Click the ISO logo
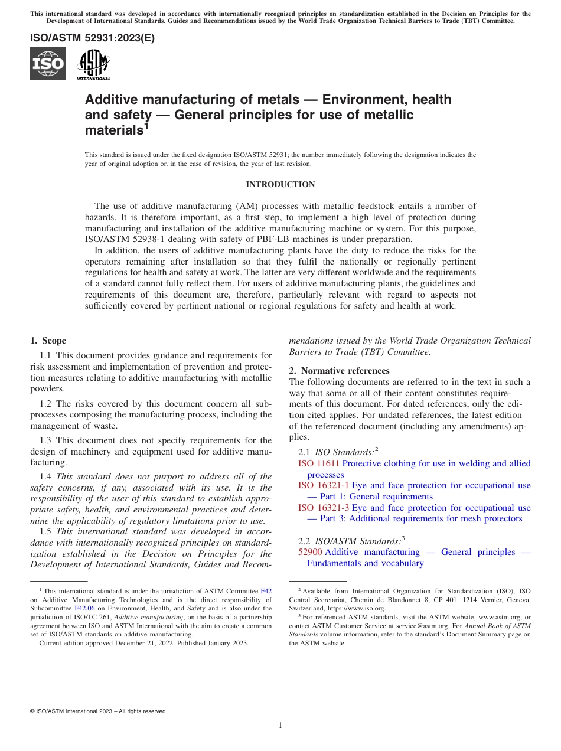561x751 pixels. click(48, 64)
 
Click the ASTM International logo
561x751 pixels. click(93, 64)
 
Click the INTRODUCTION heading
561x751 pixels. click(280, 185)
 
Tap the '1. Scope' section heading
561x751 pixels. click(48, 341)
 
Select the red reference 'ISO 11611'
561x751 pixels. click(319, 463)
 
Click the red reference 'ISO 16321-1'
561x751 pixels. click(323, 485)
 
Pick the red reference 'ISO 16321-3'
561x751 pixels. click(323, 508)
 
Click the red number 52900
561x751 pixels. click(310, 552)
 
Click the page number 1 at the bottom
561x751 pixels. click(280, 725)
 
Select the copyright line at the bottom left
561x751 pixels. click(97, 711)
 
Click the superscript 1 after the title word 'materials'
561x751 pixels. click(146, 125)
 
